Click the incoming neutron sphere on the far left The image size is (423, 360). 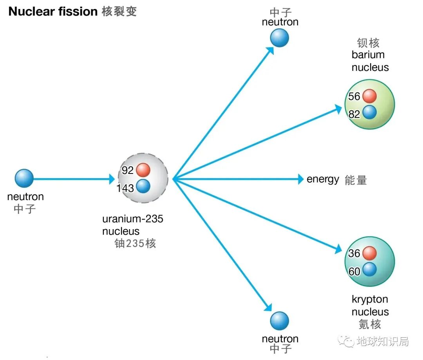tap(24, 178)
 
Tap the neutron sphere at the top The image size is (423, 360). tap(279, 38)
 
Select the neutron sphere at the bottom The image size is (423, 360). tap(279, 321)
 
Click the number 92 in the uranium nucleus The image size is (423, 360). tap(128, 170)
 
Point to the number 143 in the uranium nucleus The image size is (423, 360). tap(125, 188)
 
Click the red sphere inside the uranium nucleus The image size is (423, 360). tap(143, 170)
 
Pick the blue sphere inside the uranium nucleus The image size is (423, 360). tap(143, 186)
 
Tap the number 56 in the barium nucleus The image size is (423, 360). tap(354, 96)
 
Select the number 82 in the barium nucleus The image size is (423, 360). tap(354, 114)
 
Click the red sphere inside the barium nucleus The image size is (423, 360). tap(369, 96)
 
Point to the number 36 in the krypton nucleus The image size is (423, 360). tap(354, 253)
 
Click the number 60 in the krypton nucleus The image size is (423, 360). tap(354, 271)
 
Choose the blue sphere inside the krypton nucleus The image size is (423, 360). tap(369, 270)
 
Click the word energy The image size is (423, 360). tap(323, 179)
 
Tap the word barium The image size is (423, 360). tap(368, 55)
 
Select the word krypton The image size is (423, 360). tap(370, 300)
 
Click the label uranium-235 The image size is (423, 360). tap(133, 219)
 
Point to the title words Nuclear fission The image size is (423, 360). tap(53, 12)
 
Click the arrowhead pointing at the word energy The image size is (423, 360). tap(300, 179)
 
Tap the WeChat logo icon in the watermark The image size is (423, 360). tap(347, 341)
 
